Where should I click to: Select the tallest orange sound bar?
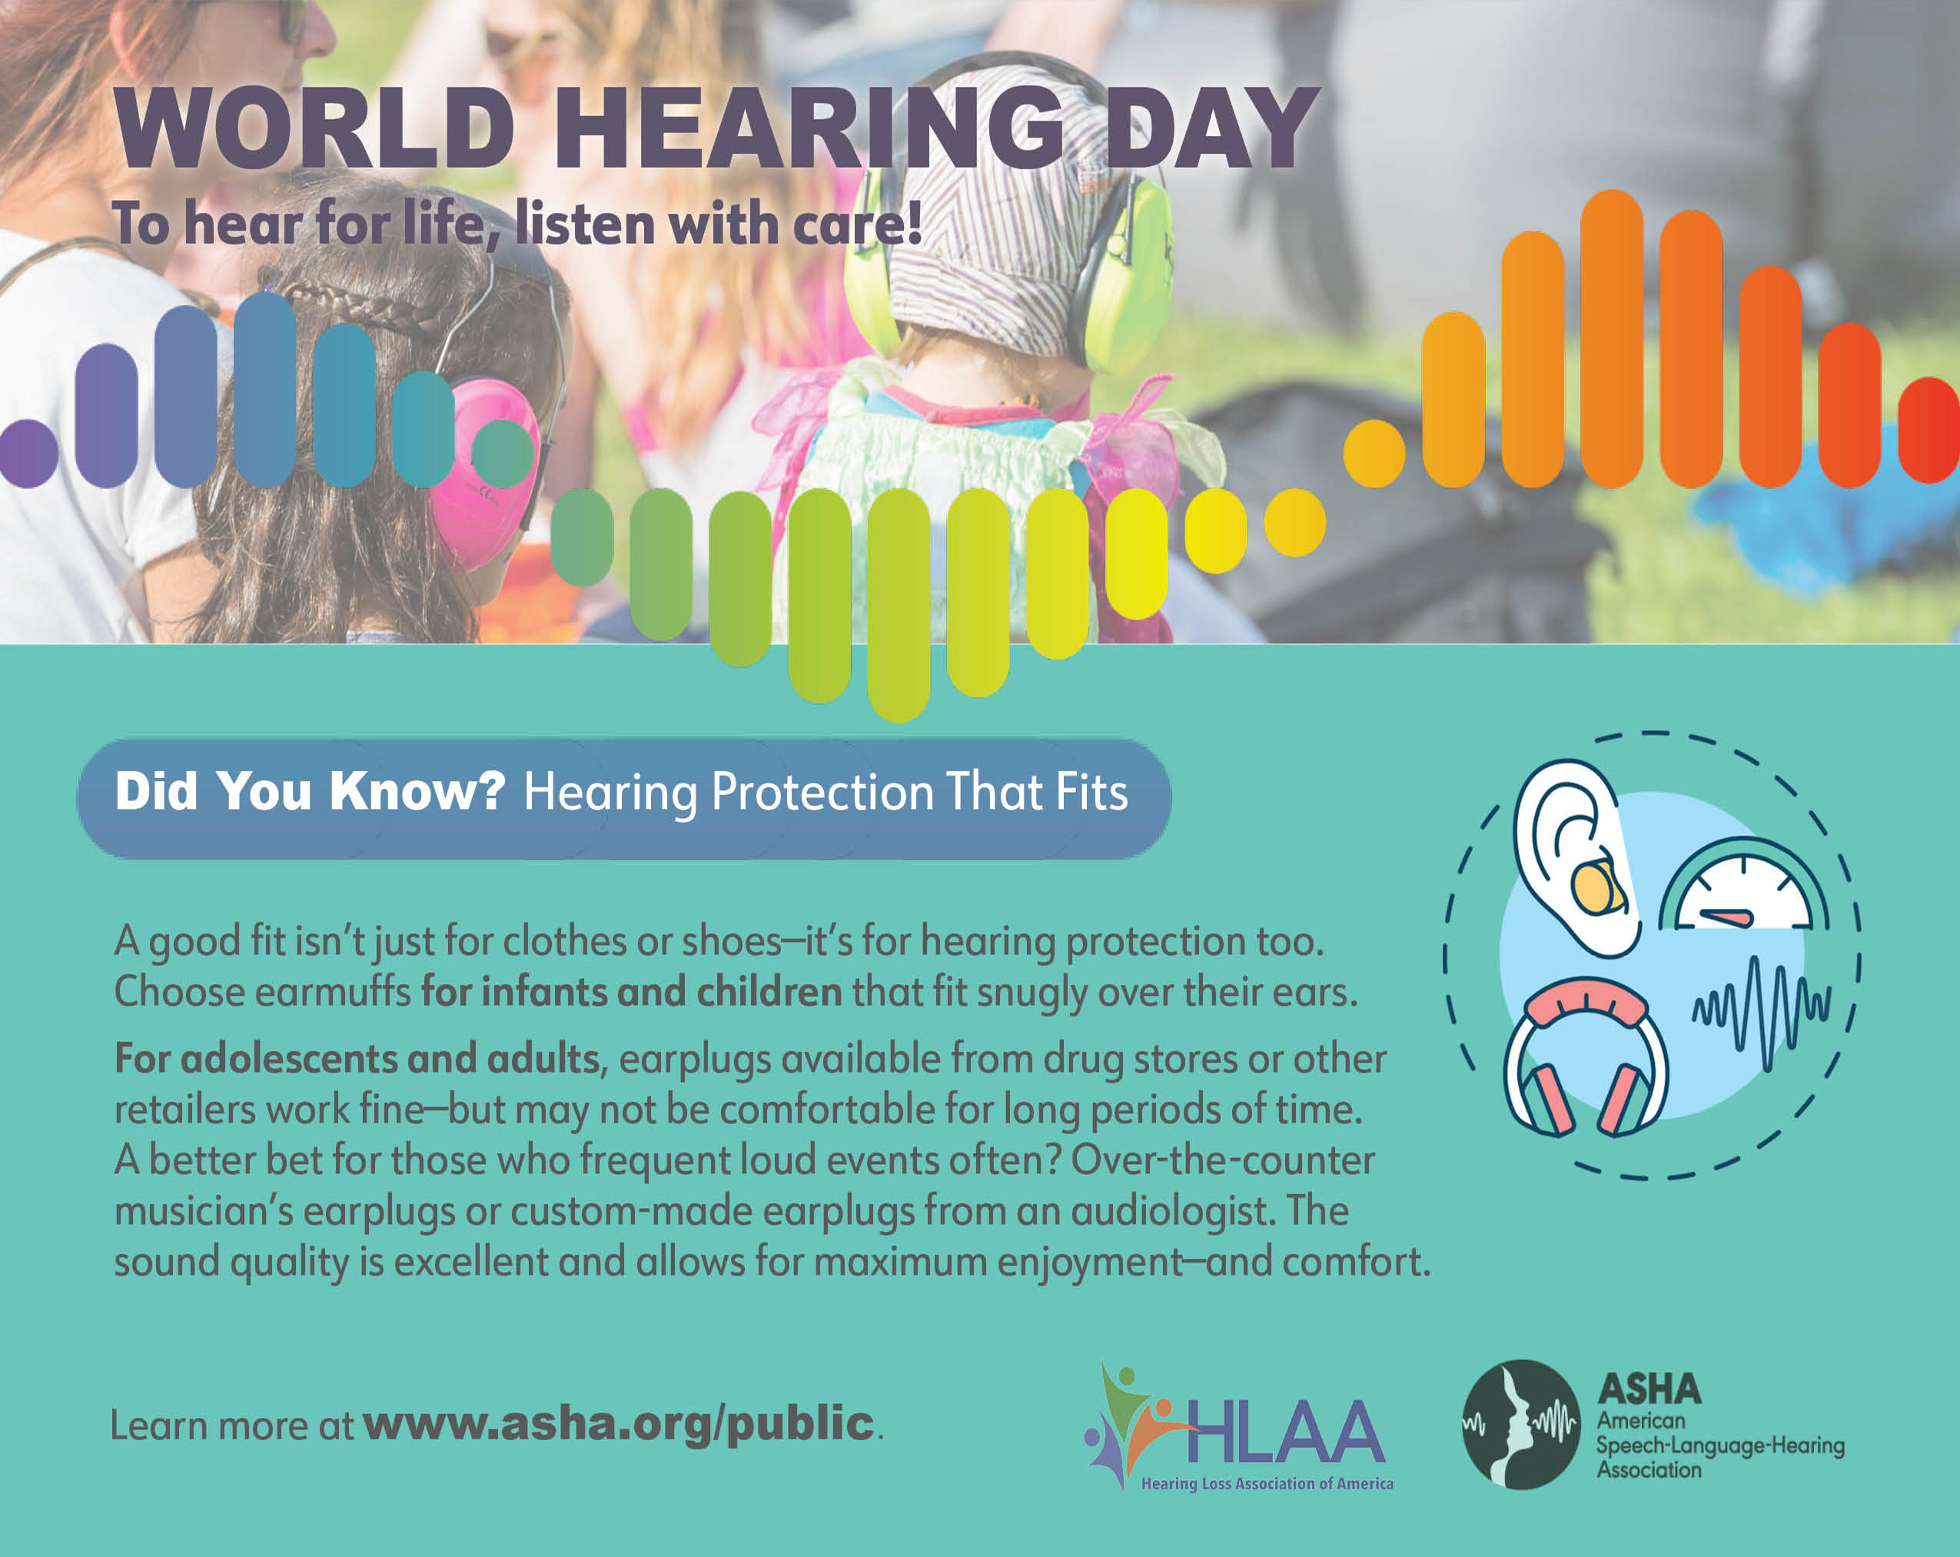point(1612,338)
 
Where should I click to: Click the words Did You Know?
point(310,790)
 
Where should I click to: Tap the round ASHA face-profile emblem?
point(1520,1424)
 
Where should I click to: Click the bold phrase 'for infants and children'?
point(632,991)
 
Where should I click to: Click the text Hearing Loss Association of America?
point(1267,1483)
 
